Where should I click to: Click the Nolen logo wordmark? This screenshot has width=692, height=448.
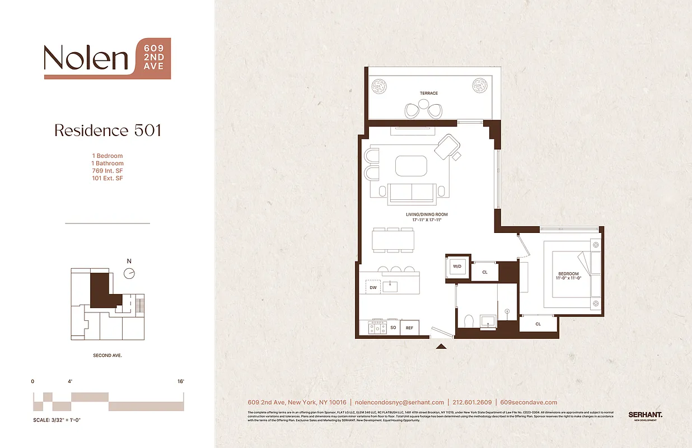coord(86,58)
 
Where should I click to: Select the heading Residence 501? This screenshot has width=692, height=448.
coord(107,130)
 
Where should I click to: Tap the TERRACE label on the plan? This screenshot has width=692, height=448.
coord(429,93)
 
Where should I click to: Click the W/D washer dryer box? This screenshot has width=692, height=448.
coord(456,267)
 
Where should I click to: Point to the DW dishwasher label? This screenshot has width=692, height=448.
coord(373,288)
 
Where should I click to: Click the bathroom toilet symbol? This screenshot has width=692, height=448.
coord(469,321)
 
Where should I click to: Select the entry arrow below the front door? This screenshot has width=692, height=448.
coord(441,346)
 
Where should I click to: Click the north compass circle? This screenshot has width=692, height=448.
coord(129,273)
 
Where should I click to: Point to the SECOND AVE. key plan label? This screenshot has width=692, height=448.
coord(107,356)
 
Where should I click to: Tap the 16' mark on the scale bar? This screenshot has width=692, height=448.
coord(180,381)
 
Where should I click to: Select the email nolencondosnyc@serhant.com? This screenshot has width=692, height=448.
coord(400,402)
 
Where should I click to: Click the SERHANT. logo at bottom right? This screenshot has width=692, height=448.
coord(646,415)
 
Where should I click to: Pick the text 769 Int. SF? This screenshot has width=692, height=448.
coord(107,171)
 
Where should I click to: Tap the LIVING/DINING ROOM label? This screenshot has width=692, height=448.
coord(427,214)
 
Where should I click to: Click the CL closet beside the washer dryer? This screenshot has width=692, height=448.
coord(485,272)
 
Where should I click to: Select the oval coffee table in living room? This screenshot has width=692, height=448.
coord(412,166)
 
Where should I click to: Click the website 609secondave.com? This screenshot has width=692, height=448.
coord(529,402)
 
